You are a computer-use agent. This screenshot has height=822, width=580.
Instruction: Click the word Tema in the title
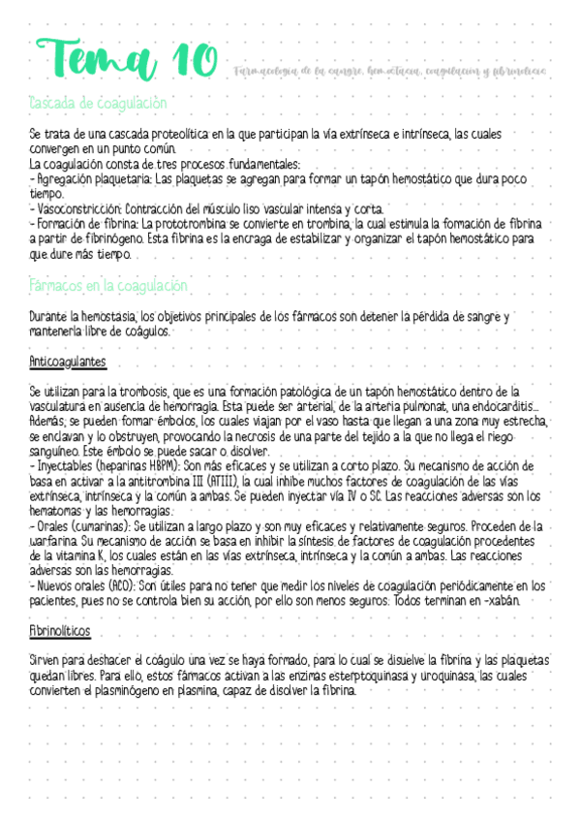(91, 60)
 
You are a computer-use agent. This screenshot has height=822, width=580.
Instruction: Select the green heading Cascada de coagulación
(99, 102)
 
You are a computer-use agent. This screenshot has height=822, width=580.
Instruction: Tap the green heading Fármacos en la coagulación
(108, 286)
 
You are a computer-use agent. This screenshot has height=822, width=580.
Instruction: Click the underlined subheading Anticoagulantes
(68, 362)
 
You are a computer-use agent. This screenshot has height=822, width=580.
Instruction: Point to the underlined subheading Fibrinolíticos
(60, 603)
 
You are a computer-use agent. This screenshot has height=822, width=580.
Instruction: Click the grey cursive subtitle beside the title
(389, 70)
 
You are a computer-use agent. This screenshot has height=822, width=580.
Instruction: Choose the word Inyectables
(65, 465)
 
